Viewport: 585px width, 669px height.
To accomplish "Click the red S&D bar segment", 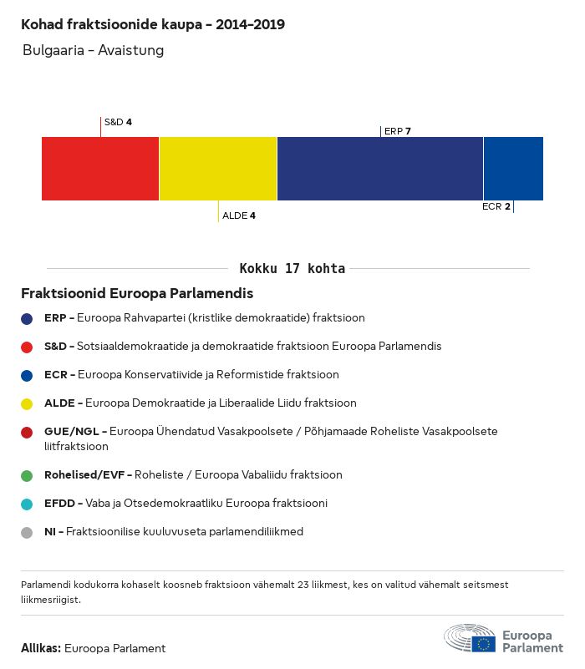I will (x=100, y=169).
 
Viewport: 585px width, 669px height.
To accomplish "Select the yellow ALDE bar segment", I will (x=218, y=169).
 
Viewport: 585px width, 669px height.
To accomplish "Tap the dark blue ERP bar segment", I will (x=380, y=169).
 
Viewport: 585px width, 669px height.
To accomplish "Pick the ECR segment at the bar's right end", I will (x=513, y=169).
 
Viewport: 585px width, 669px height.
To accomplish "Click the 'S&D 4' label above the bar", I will (x=118, y=122).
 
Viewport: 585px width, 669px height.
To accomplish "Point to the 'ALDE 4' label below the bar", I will (x=239, y=215).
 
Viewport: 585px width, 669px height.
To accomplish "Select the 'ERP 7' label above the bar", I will (x=398, y=131).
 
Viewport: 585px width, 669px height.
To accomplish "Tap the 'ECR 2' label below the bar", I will (x=496, y=206).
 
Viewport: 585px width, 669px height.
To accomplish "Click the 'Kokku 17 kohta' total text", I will (x=292, y=269).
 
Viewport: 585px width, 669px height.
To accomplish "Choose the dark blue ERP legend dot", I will (x=27, y=318).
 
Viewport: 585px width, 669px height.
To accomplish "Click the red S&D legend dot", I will (x=27, y=347).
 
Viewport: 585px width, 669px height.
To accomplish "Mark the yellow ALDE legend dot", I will (x=27, y=403).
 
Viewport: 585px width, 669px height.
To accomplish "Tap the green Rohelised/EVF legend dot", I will (x=27, y=475).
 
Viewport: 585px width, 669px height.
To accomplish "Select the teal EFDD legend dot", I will (x=27, y=504).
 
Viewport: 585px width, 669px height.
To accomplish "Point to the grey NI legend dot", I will (x=27, y=532).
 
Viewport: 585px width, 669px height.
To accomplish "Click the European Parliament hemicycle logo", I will (x=470, y=638).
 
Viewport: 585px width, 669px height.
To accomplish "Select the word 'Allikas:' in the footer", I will (x=40, y=648).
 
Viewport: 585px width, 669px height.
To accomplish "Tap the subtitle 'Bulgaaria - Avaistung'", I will (x=93, y=50).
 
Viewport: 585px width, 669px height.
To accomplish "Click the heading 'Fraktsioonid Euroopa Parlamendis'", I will (x=137, y=294).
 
